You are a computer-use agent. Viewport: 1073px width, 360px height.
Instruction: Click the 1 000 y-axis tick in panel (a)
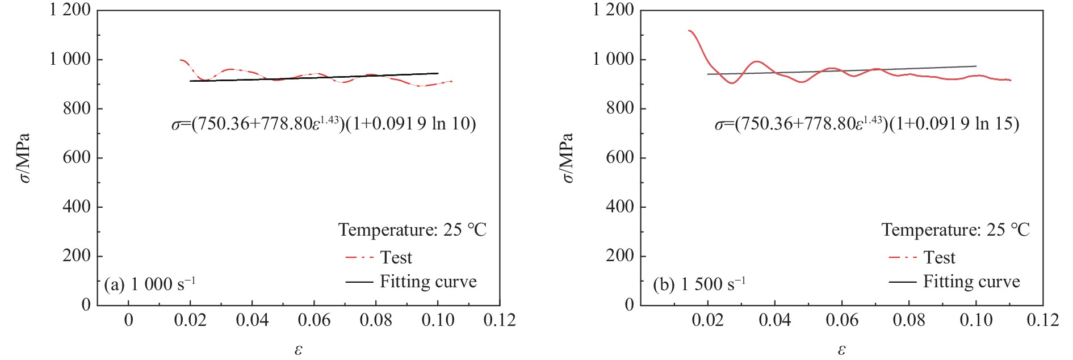pyautogui.click(x=70, y=59)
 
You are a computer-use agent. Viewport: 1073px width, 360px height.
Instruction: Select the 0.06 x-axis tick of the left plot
pyautogui.click(x=314, y=320)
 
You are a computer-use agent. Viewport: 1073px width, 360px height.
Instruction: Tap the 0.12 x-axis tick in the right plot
pyautogui.click(x=1042, y=320)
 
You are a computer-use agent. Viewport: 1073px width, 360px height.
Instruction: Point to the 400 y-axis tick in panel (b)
pyautogui.click(x=620, y=207)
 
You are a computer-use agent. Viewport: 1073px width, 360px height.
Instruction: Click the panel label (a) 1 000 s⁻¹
pyautogui.click(x=149, y=284)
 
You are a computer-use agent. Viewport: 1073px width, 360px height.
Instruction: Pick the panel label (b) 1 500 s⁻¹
pyautogui.click(x=699, y=284)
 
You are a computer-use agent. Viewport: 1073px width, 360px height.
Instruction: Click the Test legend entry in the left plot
pyautogui.click(x=396, y=258)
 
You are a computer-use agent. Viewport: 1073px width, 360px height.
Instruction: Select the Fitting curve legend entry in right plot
pyautogui.click(x=971, y=282)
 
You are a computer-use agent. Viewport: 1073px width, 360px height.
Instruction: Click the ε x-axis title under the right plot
pyautogui.click(x=841, y=350)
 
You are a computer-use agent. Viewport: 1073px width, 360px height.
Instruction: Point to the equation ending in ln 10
pyautogui.click(x=324, y=123)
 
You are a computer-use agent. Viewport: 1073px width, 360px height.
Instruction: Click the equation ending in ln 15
pyautogui.click(x=867, y=123)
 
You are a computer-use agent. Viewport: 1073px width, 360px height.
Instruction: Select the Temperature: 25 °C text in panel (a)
pyautogui.click(x=412, y=230)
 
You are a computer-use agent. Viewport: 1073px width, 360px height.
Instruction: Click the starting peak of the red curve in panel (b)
pyautogui.click(x=689, y=31)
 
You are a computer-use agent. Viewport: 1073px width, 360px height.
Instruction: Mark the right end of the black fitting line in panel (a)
pyautogui.click(x=438, y=73)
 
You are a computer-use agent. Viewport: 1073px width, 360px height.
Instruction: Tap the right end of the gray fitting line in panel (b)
pyautogui.click(x=976, y=66)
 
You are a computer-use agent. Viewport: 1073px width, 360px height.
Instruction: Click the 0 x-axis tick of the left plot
pyautogui.click(x=129, y=320)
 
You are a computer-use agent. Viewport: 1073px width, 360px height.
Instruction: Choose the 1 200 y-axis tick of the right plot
pyautogui.click(x=613, y=10)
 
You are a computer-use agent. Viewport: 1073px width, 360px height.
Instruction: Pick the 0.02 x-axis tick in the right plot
pyautogui.click(x=707, y=320)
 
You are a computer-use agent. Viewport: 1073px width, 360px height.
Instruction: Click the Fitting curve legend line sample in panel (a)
pyautogui.click(x=359, y=282)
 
